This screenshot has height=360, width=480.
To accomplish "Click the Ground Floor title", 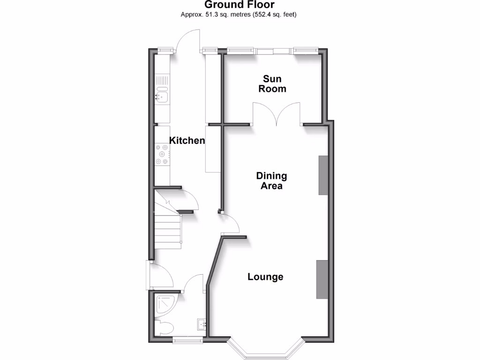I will coord(240,5).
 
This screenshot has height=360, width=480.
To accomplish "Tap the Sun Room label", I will coord(272,84).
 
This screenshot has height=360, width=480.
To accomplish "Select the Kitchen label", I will coord(187,140).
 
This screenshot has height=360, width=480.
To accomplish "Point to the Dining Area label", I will coord(271,181).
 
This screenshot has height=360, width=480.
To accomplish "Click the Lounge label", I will coord(265,277).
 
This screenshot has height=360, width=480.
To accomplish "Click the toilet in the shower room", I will coord(165,328).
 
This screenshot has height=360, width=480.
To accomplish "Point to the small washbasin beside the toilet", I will coord(201,323).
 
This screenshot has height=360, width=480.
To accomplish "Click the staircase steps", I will coord(168,230).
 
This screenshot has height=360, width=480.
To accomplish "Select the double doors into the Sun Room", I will coord(277,114).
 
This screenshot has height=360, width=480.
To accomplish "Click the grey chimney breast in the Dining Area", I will coord(324,175).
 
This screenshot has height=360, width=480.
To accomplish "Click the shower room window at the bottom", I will coord(188,337).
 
